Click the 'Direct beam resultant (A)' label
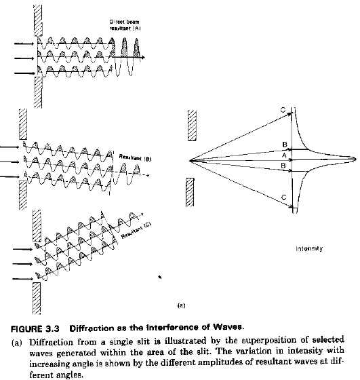[125, 25]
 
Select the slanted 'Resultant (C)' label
[136, 230]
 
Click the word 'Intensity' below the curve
[309, 248]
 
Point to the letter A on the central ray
[284, 155]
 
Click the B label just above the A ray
[285, 145]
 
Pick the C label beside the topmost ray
[283, 110]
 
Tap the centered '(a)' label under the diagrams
[181, 305]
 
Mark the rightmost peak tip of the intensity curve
[356, 159]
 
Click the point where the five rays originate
[190, 160]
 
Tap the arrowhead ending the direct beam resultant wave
[143, 58]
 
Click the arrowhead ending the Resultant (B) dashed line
[147, 175]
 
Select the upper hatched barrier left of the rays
[192, 126]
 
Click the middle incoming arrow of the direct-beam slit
[24, 58]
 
